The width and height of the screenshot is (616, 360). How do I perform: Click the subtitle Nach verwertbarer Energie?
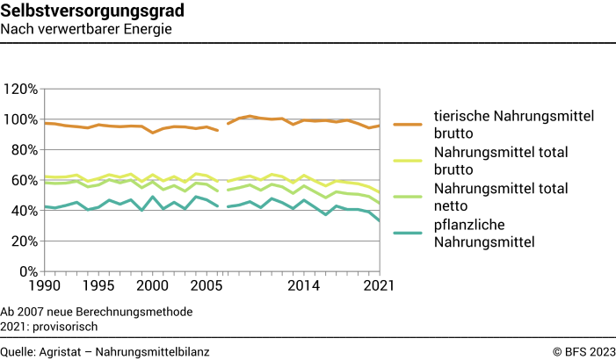[86, 29]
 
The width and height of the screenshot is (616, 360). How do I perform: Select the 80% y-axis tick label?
[22, 150]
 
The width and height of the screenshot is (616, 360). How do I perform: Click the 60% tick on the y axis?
[22, 180]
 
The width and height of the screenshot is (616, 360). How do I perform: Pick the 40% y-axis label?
[22, 211]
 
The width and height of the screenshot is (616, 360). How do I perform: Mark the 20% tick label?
[22, 241]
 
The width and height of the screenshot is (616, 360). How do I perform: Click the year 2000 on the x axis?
[153, 286]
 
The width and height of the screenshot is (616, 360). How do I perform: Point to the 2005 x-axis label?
[207, 286]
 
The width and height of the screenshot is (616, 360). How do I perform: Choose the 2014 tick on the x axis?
[304, 286]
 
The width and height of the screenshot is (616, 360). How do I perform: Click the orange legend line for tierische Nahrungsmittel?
[409, 126]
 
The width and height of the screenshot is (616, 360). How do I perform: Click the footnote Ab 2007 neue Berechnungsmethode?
[97, 312]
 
